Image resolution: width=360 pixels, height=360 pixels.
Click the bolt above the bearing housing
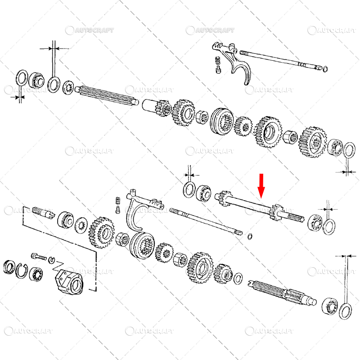pos(39,256)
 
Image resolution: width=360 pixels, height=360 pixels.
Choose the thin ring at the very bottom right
pos(346,310)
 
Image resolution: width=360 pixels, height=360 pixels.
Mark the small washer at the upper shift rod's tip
pos(325,68)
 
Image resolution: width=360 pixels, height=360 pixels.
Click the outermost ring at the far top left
pos(21,76)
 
